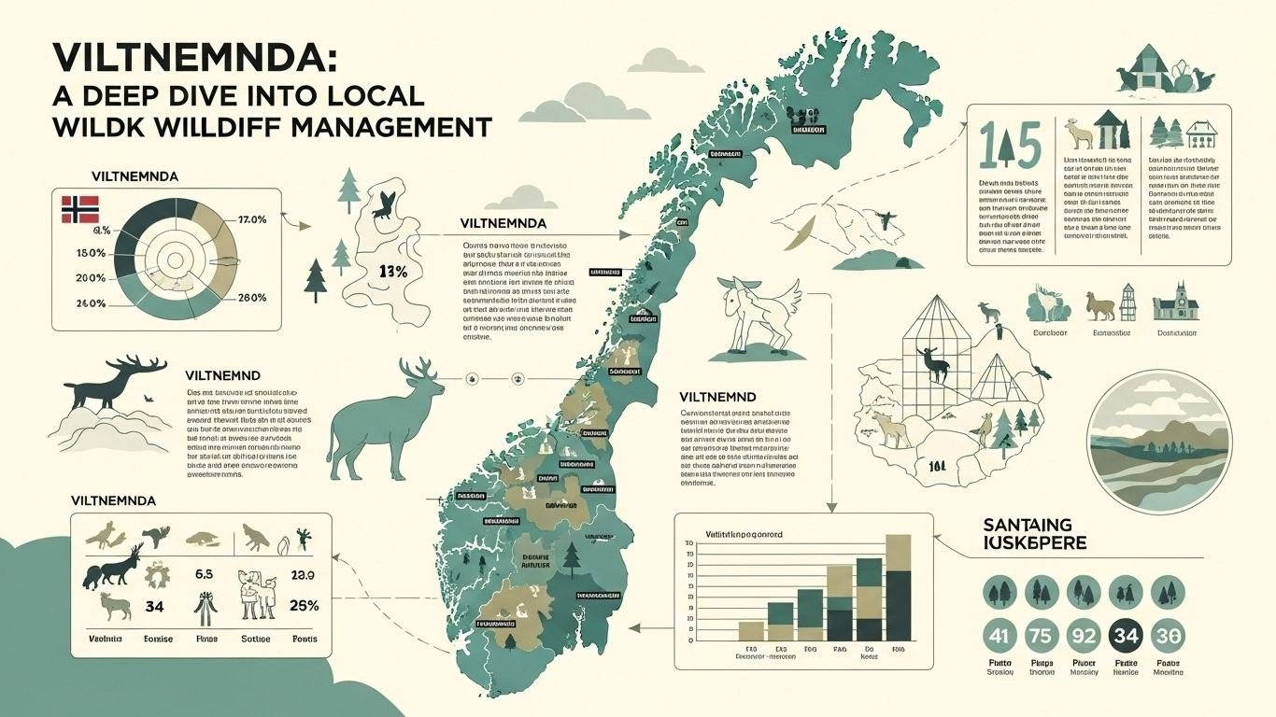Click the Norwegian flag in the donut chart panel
pos(80,210)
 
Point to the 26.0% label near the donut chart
pos(252,298)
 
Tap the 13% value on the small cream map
pos(393,272)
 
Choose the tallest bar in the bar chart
pos(897,588)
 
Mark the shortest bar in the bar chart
pos(751,631)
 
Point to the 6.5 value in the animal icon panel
pos(205,574)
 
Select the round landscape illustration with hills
pos(1159,441)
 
